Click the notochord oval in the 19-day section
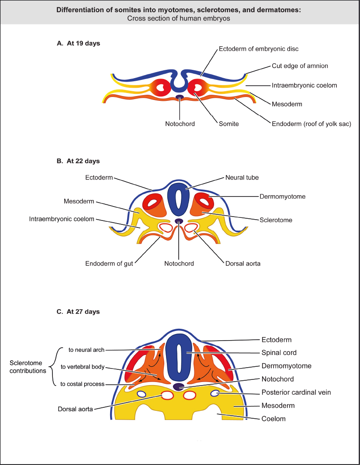point(179,97)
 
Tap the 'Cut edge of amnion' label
point(299,66)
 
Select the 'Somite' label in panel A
point(229,124)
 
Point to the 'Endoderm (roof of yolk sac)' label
point(312,124)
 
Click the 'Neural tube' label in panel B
point(242,178)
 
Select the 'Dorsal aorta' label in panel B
point(242,263)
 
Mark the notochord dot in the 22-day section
point(179,221)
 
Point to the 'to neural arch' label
point(87,350)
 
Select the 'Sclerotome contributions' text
point(28,367)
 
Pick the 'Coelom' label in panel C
point(273,419)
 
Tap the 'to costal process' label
point(83,384)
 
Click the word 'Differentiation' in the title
point(78,10)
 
